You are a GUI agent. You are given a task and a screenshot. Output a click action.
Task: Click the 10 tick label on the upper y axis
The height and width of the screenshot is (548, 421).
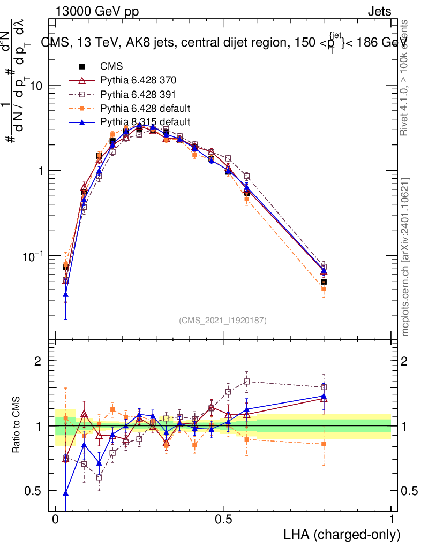click(x=35, y=86)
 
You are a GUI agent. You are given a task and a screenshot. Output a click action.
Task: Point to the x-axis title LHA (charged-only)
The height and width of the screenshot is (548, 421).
click(x=341, y=535)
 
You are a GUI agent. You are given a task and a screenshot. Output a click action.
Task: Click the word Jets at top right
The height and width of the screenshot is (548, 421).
click(x=379, y=12)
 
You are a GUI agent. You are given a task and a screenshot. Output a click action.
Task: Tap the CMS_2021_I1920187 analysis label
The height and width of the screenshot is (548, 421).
click(x=222, y=320)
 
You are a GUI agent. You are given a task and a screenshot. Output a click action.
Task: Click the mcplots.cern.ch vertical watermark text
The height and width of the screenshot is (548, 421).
click(x=405, y=257)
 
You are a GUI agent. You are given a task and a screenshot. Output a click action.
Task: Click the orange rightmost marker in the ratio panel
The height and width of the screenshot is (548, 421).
click(x=324, y=444)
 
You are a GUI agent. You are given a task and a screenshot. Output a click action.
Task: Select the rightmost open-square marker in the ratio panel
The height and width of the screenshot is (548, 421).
click(x=324, y=387)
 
